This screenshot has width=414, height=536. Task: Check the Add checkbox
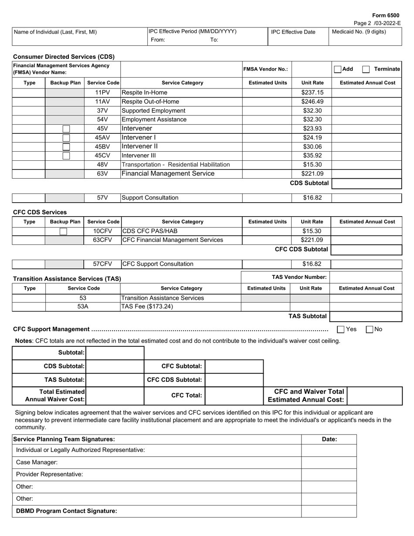point(338,69)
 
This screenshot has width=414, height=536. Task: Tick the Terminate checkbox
point(366,69)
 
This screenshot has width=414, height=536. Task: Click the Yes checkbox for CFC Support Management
point(341,329)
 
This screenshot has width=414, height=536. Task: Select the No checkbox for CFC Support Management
point(370,329)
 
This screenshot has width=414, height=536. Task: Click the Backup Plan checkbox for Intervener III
point(66,156)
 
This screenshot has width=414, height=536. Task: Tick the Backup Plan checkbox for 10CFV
point(64,231)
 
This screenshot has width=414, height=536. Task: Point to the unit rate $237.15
point(312,92)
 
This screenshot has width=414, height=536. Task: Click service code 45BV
point(102,146)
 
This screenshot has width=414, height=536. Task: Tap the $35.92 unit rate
point(312,156)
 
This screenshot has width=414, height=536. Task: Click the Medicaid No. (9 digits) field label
point(359,32)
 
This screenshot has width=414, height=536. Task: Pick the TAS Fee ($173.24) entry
point(147,306)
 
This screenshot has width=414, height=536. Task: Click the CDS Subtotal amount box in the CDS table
point(366,183)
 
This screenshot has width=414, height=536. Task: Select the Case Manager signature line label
point(37,462)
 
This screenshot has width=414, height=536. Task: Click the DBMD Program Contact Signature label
point(67,511)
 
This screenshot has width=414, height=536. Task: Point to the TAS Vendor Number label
point(299,277)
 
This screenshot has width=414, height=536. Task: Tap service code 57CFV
point(102,264)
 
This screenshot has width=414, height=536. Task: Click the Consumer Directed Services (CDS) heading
point(64,57)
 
